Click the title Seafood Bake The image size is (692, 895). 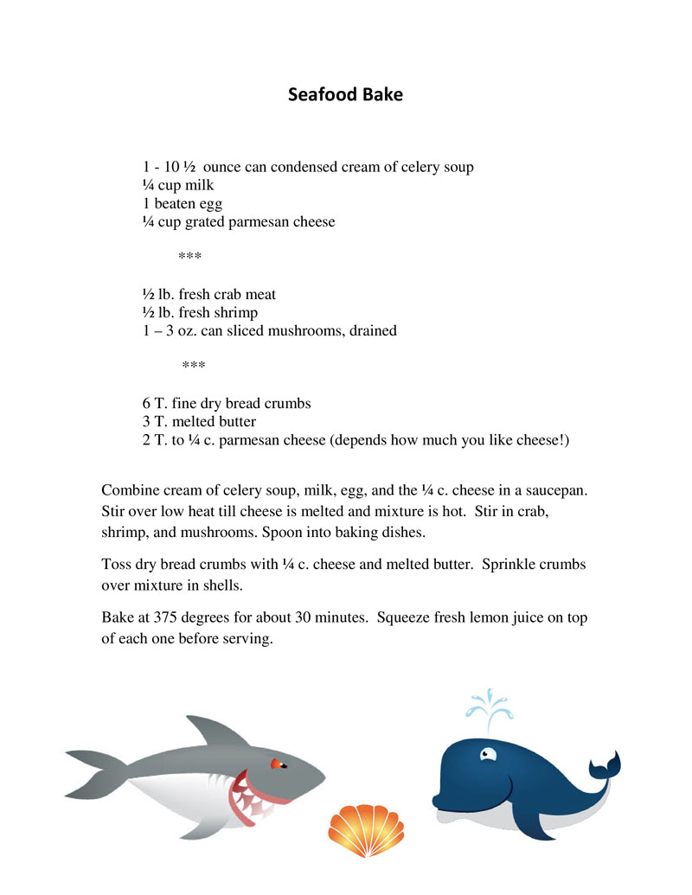[x=345, y=94]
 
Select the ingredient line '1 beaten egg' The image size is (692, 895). [x=183, y=203]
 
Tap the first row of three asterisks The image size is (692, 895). [x=189, y=258]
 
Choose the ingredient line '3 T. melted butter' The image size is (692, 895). [x=199, y=422]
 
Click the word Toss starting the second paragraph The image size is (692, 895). [x=117, y=565]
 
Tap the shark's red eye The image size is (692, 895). [x=278, y=764]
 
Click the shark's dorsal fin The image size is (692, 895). [x=210, y=730]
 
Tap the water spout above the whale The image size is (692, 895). [x=489, y=705]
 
